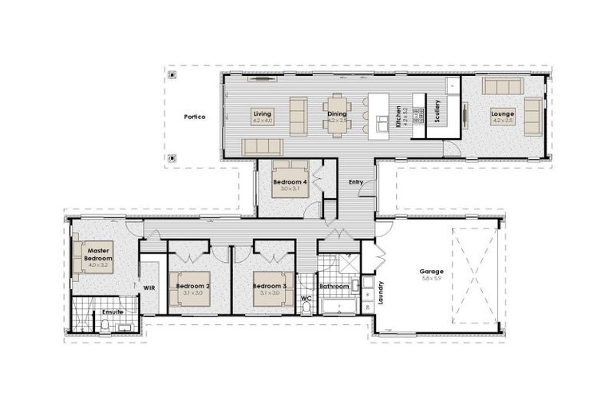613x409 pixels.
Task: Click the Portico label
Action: tap(194, 117)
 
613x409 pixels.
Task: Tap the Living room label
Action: tap(263, 114)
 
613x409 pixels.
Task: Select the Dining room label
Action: tap(337, 114)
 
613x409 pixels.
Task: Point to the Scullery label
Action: tap(437, 111)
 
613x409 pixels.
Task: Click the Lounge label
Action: tap(502, 114)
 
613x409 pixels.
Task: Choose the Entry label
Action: tap(356, 182)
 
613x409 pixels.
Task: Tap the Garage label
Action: tap(432, 272)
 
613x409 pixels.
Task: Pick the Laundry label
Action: tap(382, 292)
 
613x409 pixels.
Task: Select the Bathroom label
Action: tap(334, 286)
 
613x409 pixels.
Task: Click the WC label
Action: tap(306, 300)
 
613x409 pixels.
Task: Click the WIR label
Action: tap(148, 287)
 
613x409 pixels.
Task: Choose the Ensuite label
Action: tap(112, 312)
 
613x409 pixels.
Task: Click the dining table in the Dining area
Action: tap(337, 116)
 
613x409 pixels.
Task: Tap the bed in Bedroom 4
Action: tap(290, 181)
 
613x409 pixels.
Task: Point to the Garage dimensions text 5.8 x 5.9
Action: tap(432, 279)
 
